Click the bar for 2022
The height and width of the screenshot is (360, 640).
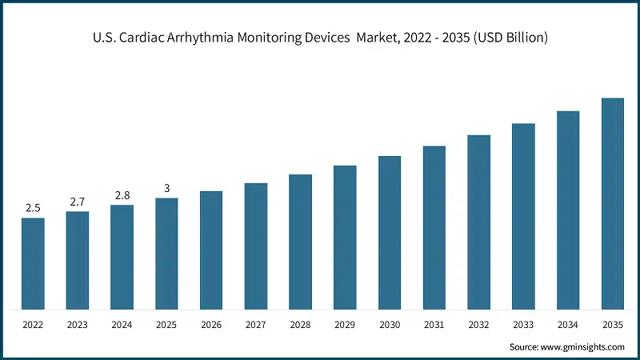tap(33, 263)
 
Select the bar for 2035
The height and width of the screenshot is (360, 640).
tap(613, 203)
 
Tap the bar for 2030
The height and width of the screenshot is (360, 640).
tap(390, 232)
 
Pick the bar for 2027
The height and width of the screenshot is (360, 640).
tap(256, 246)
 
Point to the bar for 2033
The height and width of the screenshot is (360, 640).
tap(523, 216)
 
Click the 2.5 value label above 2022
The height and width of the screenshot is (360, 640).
tap(33, 208)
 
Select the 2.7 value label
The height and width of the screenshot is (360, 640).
tap(78, 202)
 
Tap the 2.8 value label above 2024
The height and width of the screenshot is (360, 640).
tap(122, 195)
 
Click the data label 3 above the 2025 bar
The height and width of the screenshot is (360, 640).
tap(166, 188)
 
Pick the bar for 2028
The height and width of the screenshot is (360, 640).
tap(301, 242)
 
